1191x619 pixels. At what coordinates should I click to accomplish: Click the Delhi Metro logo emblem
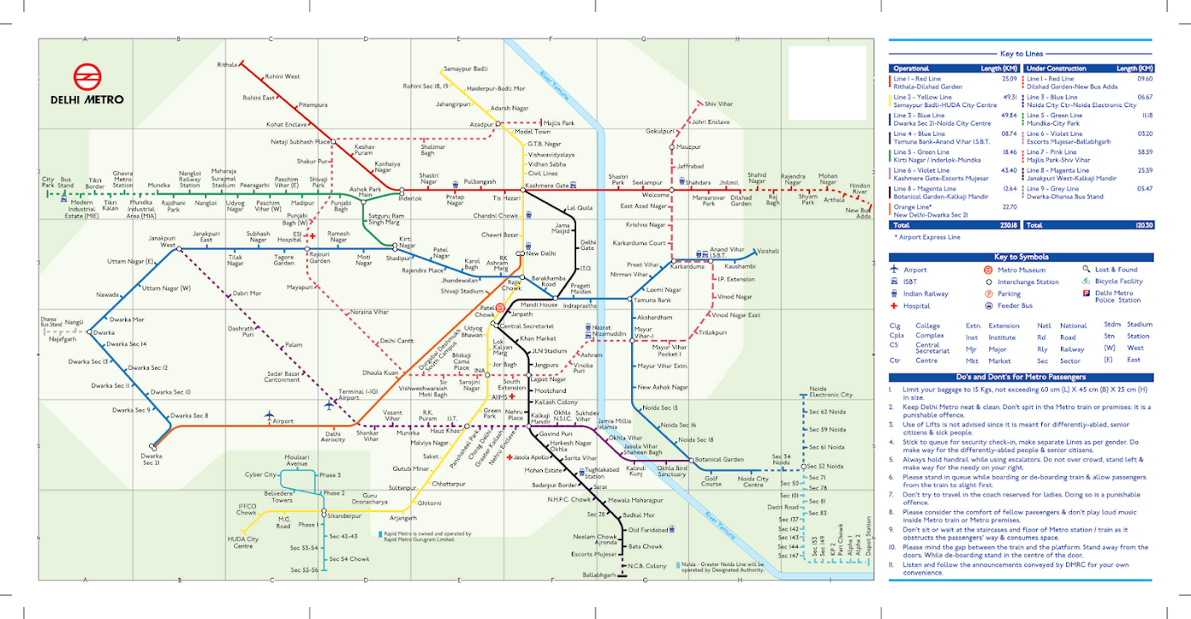click(x=86, y=77)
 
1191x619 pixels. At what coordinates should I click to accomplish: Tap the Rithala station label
click(x=227, y=65)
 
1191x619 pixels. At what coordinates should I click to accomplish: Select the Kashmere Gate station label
click(x=546, y=185)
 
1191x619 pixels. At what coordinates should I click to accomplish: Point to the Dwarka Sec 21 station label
click(x=151, y=460)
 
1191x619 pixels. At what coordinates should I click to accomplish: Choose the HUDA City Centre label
click(x=242, y=542)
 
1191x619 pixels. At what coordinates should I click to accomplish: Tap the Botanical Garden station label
click(x=719, y=460)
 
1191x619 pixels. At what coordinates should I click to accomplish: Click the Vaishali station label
click(x=768, y=251)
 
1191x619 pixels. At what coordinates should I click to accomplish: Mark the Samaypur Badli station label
click(x=465, y=68)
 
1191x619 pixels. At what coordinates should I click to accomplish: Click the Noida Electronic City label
click(x=830, y=395)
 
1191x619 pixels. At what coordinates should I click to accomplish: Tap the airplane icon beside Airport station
click(x=269, y=415)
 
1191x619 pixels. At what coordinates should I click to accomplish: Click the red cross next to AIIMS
click(x=512, y=396)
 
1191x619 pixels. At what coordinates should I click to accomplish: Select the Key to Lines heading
click(x=1021, y=54)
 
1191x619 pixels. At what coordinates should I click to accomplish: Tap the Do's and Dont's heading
click(x=1021, y=377)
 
